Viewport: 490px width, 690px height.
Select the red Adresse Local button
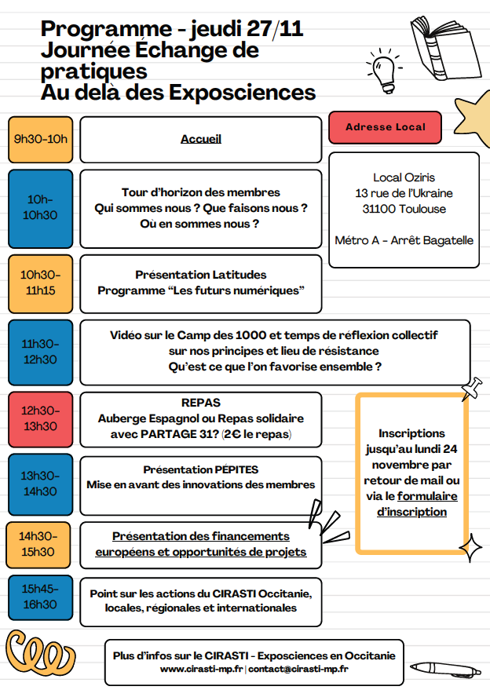385,127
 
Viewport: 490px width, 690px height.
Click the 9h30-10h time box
40,140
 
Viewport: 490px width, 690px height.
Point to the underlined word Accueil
201,140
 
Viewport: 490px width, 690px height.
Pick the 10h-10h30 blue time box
40,207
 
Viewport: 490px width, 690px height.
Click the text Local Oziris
404,177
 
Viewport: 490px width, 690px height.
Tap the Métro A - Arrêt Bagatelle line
404,240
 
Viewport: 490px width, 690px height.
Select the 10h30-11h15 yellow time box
40,283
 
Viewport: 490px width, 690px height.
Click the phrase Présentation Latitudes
201,275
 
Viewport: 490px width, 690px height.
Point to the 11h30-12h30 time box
40,352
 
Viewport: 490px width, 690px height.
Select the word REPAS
201,403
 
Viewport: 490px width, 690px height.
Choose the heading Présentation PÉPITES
201,469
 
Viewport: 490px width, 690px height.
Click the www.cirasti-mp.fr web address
201,670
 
